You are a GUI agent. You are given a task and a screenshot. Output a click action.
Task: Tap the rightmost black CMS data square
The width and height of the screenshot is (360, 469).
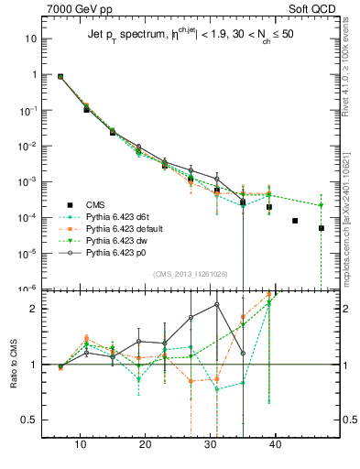(322, 228)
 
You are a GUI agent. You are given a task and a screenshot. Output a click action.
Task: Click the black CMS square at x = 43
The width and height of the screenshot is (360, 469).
(295, 221)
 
